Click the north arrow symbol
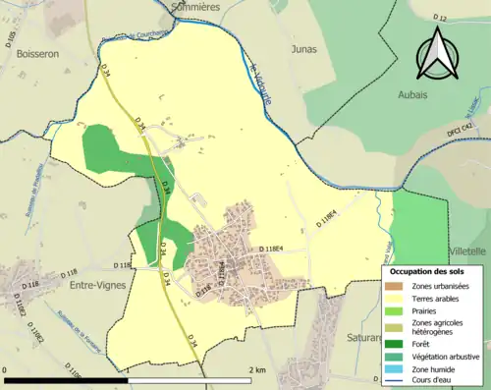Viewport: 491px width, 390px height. pyautogui.click(x=437, y=52)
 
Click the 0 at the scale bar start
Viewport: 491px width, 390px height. pyautogui.click(x=7, y=369)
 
